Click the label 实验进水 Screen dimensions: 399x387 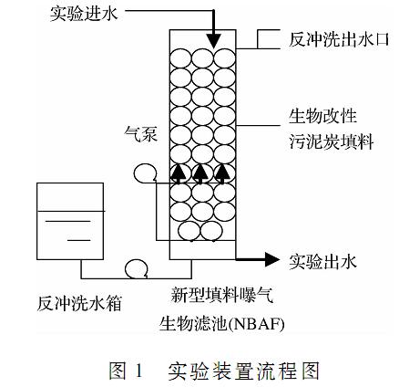click(x=84, y=14)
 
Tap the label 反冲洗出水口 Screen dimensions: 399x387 click(x=339, y=39)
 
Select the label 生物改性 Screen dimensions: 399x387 click(x=322, y=116)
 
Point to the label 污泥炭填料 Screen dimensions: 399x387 click(x=331, y=141)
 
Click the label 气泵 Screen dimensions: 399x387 click(x=141, y=134)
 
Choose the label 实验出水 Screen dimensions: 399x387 click(x=322, y=261)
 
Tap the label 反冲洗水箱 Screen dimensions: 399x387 click(x=79, y=303)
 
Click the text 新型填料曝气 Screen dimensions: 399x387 click(x=222, y=295)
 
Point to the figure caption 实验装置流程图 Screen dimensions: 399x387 click(x=243, y=371)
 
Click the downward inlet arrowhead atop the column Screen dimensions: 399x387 click(x=213, y=41)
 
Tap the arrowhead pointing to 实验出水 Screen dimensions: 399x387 click(x=271, y=259)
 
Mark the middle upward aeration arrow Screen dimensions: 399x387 click(x=200, y=174)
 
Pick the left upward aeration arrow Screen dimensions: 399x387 click(x=179, y=174)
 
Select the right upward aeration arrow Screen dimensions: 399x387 click(x=223, y=174)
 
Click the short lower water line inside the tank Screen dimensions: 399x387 click(x=78, y=240)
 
